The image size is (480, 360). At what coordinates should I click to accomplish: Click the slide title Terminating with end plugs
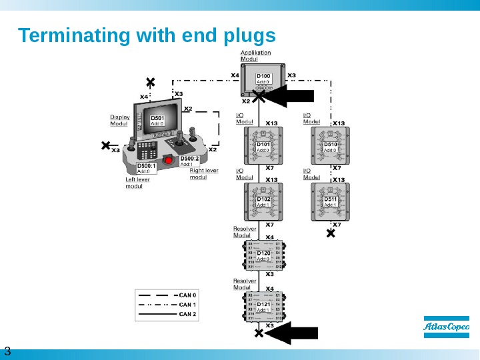tap(147, 35)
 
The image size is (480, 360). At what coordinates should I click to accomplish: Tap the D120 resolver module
tap(264, 255)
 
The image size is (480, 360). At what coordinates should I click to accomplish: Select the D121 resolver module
tap(264, 307)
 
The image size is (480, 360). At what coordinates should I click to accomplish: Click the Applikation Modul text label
tap(255, 55)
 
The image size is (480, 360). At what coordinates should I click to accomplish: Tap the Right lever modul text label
tap(203, 173)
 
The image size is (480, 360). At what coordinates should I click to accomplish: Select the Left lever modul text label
tap(138, 183)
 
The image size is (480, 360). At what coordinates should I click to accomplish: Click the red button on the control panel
tap(168, 161)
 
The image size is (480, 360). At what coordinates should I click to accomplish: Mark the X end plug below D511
tap(330, 233)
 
